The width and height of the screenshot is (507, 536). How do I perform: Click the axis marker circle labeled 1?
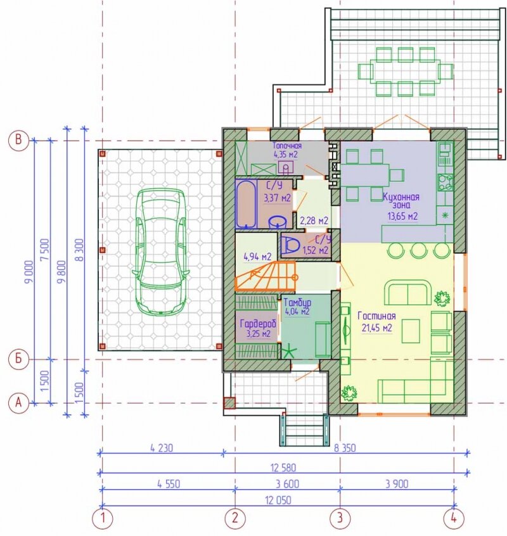(x=102, y=518)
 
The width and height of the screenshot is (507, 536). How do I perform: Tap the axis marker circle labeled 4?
(x=454, y=518)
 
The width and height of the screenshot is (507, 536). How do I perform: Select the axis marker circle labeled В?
(x=19, y=140)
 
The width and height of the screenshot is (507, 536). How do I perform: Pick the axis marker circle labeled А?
(x=19, y=403)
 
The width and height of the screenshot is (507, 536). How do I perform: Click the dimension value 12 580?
(x=283, y=468)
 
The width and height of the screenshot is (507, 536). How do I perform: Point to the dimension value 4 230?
(x=162, y=448)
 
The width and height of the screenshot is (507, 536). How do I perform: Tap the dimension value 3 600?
(x=288, y=484)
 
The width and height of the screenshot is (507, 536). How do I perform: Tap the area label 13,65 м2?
(x=402, y=216)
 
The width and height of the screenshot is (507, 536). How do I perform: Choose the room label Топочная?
(x=287, y=146)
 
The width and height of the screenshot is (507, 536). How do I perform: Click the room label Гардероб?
(x=258, y=324)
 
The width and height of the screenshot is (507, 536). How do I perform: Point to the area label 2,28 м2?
(x=314, y=220)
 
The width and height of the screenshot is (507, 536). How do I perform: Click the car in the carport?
(x=161, y=251)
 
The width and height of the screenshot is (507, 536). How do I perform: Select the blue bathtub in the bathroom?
(x=245, y=204)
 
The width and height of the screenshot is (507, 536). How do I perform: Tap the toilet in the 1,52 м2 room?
(x=290, y=245)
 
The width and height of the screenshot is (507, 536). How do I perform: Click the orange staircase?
(x=266, y=276)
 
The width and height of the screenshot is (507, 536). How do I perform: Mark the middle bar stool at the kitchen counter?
(x=419, y=250)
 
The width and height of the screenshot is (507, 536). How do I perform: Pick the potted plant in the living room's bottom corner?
(x=349, y=392)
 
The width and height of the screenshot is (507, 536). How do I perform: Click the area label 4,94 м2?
(x=257, y=257)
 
